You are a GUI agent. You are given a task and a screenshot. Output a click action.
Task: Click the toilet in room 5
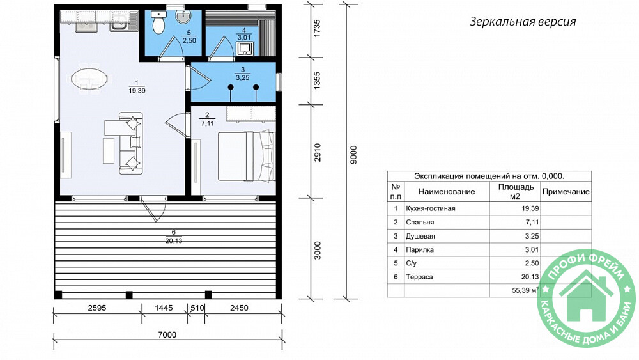pyautogui.click(x=158, y=22)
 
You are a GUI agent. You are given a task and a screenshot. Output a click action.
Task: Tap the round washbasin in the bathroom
pyautogui.click(x=183, y=17)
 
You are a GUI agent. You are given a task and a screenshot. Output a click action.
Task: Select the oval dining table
pyautogui.click(x=91, y=78)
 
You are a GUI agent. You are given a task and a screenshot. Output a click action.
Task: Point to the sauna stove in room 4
pyautogui.click(x=245, y=48)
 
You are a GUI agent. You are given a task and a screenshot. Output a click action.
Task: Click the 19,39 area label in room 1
pyautogui.click(x=137, y=91)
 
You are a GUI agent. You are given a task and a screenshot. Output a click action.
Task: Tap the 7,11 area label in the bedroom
pyautogui.click(x=207, y=123)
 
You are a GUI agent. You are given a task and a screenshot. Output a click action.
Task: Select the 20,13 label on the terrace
pyautogui.click(x=174, y=240)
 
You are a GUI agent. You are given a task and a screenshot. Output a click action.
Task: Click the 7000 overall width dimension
pyautogui.click(x=167, y=334)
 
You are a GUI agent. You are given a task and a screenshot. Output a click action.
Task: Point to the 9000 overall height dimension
pyautogui.click(x=353, y=155)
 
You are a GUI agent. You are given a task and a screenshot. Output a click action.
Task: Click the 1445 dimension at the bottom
pyautogui.click(x=164, y=308)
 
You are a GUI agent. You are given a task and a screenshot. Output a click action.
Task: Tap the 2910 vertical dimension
pyautogui.click(x=317, y=152)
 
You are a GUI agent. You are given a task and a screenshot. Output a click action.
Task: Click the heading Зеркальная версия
pyautogui.click(x=523, y=22)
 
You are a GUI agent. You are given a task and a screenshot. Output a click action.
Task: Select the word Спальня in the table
pyautogui.click(x=420, y=222)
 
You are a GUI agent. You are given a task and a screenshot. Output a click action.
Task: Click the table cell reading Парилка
pyautogui.click(x=420, y=249)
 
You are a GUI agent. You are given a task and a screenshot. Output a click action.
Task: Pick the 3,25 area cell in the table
pyautogui.click(x=532, y=236)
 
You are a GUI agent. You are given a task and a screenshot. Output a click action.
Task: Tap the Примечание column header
pyautogui.click(x=566, y=192)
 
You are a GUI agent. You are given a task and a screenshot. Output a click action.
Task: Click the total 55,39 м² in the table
pyautogui.click(x=525, y=290)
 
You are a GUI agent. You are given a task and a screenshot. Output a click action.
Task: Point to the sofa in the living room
pyautogui.click(x=131, y=143)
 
